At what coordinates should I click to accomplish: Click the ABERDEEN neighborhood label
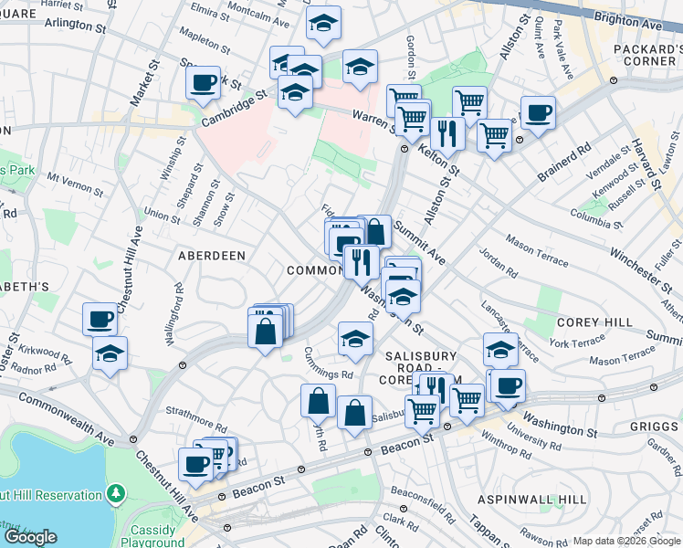[x=211, y=256]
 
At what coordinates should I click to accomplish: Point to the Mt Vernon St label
[x=76, y=184]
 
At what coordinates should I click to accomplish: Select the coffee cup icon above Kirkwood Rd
[x=100, y=319]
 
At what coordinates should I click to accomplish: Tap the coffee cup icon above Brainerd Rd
[x=538, y=113]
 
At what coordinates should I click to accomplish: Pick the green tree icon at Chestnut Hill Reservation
[x=115, y=494]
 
